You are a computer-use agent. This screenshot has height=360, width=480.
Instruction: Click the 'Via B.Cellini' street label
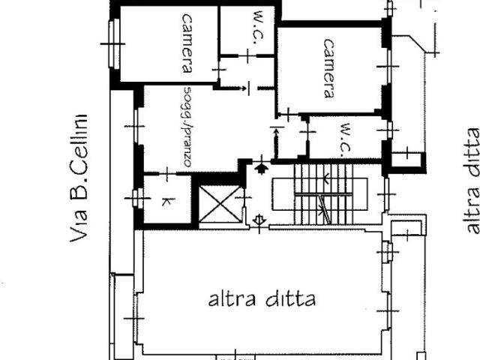pos(79,178)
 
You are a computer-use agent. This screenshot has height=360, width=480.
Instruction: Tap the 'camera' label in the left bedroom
pos(187,43)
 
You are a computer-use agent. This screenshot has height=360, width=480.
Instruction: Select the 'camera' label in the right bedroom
pos(329,68)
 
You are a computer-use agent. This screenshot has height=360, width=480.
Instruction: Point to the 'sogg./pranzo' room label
pos(187,127)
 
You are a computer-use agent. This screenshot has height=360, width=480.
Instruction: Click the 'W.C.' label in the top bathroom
pos(259,28)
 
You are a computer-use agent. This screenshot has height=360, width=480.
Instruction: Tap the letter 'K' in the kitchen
pos(168,202)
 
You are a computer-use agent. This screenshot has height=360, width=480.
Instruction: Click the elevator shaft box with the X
pos(220,204)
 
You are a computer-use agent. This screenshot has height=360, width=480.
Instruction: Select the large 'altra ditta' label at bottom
pos(262,298)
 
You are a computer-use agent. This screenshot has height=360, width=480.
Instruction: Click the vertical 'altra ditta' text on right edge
pos(470,181)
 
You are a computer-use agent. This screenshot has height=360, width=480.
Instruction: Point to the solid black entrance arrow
pos(262,169)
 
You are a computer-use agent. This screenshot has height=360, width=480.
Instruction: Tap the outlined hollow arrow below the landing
pos(259,220)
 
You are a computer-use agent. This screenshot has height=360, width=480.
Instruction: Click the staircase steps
pos(323,194)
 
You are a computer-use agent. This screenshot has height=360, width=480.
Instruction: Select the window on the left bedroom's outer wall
pos(115,43)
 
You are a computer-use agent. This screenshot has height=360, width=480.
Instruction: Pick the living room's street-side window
pos(136,126)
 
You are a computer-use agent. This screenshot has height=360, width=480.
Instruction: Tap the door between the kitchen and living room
pos(167,173)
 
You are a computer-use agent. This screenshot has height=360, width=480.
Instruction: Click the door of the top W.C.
pos(247,56)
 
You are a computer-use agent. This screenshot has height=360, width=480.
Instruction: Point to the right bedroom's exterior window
pos(388,67)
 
